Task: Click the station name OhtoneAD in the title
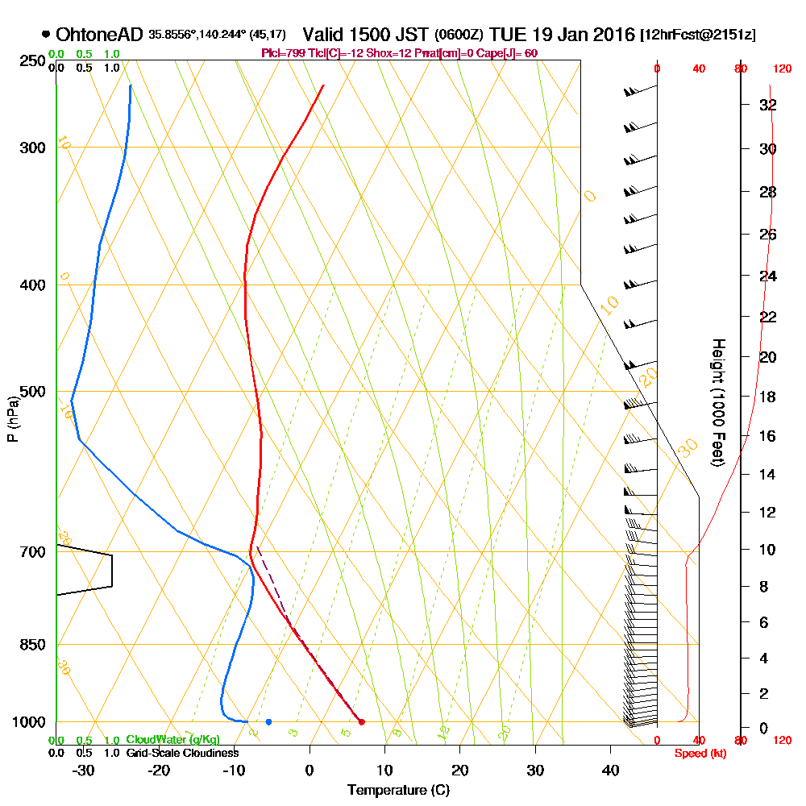[x=100, y=35]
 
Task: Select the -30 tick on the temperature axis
[x=84, y=771]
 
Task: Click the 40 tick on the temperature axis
[x=610, y=771]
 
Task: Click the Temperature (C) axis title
[x=397, y=791]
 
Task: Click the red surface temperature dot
[x=361, y=721]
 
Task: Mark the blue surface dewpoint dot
[x=268, y=721]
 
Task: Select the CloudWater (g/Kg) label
[x=172, y=740]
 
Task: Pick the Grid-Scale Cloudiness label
[x=181, y=753]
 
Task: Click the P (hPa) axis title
[x=12, y=419]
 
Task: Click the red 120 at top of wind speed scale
[x=781, y=69]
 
